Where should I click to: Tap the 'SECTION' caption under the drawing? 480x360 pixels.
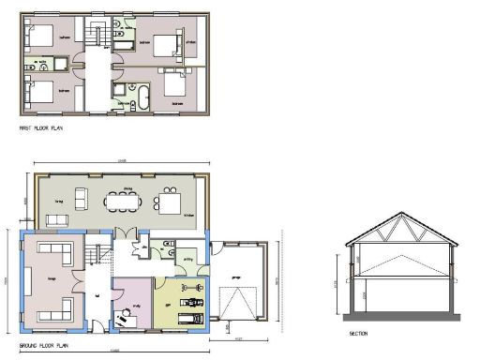coord(358,334)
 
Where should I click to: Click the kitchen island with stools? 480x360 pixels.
coord(170,201)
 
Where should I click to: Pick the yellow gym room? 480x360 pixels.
coord(178,298)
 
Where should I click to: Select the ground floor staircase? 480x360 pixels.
coord(93,253)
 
